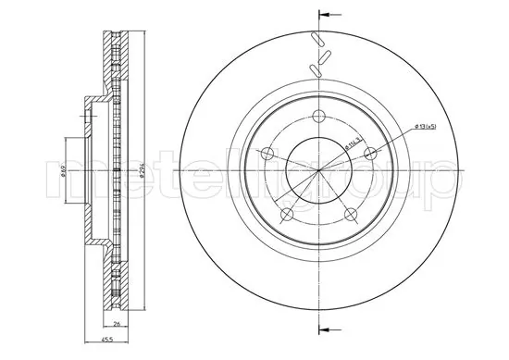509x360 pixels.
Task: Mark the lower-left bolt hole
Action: click(286, 215)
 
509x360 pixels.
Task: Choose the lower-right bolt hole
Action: click(351, 214)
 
